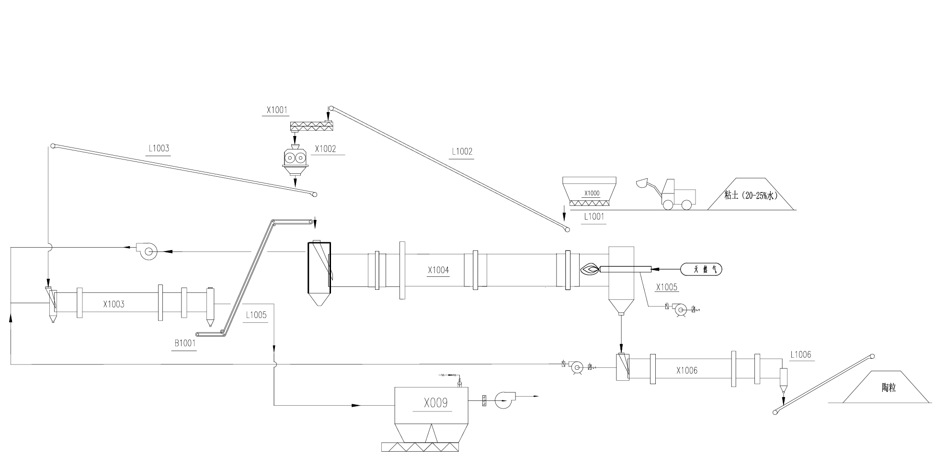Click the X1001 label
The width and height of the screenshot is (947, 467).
tap(277, 110)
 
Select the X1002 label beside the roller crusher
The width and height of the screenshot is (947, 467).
tap(325, 149)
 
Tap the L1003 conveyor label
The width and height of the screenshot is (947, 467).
tap(159, 148)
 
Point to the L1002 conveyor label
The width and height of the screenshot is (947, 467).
tap(462, 152)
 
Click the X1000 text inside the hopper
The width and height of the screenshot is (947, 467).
tap(592, 194)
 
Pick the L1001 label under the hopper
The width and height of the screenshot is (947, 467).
tap(594, 216)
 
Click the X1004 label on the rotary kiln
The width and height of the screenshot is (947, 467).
tap(438, 270)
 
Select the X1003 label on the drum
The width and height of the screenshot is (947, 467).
tap(114, 304)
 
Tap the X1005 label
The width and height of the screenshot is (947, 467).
tap(666, 287)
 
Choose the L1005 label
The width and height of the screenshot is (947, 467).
tap(256, 315)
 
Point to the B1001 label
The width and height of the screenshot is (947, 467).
tap(185, 343)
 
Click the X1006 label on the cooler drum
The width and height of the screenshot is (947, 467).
tap(687, 370)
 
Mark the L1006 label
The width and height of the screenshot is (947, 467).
tap(801, 355)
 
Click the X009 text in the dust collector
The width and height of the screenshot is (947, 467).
tap(436, 403)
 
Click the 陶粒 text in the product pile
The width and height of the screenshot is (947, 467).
tap(889, 388)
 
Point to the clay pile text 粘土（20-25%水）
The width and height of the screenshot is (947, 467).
tap(751, 195)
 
